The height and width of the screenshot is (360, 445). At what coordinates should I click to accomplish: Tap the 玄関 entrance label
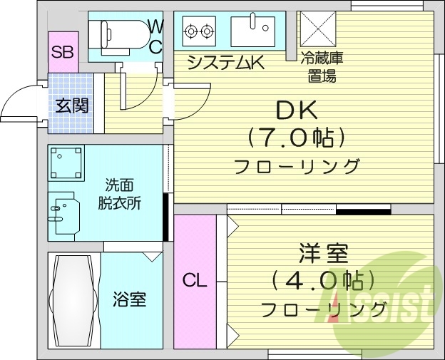coord(72,106)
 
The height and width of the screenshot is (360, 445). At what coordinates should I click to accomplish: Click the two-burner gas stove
coord(199,31)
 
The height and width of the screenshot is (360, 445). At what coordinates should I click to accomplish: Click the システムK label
coord(225,63)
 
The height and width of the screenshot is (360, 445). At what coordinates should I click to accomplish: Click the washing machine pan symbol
coord(66,163)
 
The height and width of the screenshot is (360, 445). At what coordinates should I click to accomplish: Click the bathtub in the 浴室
coord(73,299)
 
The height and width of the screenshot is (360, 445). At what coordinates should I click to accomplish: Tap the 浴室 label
coord(129,299)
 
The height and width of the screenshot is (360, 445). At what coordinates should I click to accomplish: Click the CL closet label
coord(195,281)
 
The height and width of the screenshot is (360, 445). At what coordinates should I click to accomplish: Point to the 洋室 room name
coord(323,253)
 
